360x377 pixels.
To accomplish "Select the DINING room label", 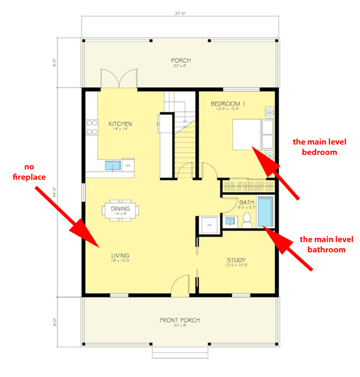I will click(x=120, y=208).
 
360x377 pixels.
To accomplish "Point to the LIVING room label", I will click(x=120, y=256).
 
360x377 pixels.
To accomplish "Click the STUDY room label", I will click(x=235, y=261).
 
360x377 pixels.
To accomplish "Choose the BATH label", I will click(x=247, y=202).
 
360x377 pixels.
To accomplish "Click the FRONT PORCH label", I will click(x=180, y=320).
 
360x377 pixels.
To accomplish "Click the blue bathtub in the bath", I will click(x=267, y=212).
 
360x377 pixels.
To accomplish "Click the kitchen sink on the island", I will click(x=113, y=166).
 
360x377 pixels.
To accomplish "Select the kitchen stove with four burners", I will click(x=92, y=127).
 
